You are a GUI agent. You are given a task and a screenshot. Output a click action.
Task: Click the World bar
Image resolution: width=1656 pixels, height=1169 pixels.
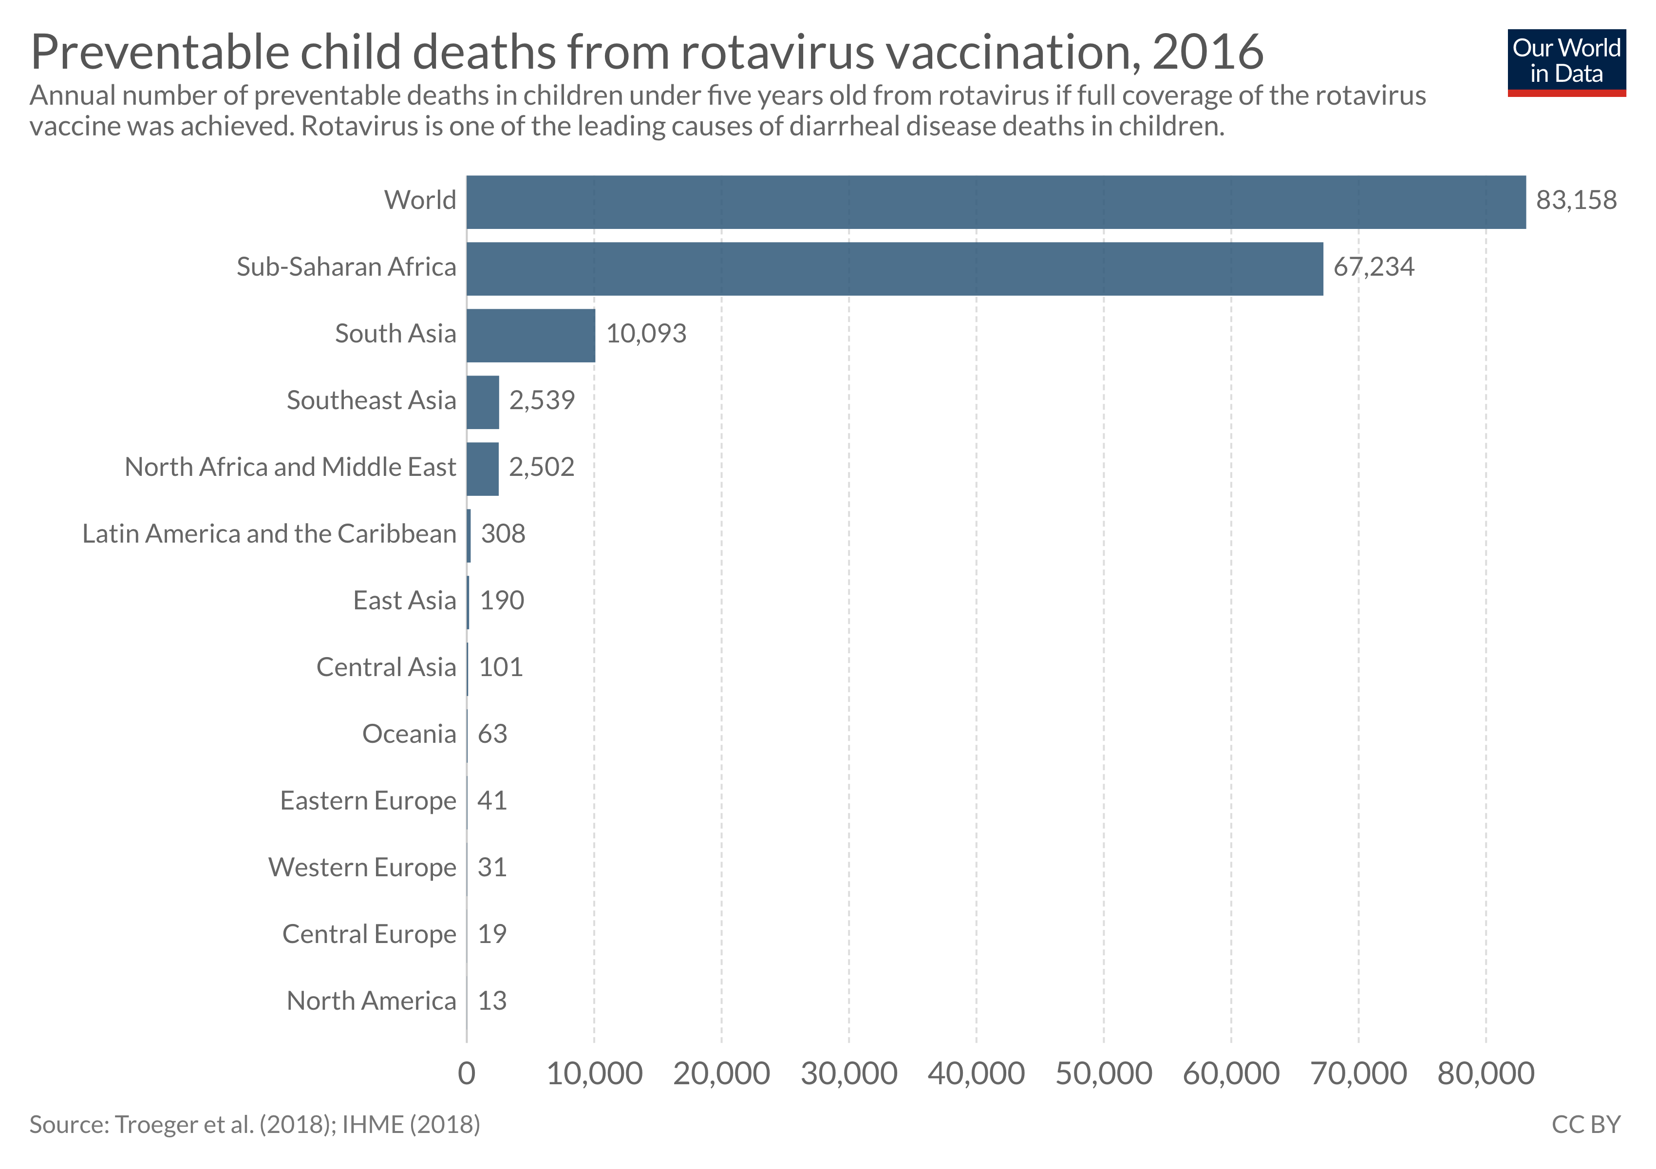[996, 202]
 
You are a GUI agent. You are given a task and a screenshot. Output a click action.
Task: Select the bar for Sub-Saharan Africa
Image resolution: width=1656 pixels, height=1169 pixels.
[894, 269]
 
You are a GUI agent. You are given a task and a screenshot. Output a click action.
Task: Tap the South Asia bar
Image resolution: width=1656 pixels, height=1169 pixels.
[531, 335]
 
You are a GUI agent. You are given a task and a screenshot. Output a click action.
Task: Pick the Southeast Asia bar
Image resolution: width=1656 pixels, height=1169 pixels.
[483, 402]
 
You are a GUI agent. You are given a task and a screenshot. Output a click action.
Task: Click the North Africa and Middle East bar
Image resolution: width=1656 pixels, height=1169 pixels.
[483, 469]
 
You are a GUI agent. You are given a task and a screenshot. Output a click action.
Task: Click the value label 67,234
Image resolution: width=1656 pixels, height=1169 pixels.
[1374, 267]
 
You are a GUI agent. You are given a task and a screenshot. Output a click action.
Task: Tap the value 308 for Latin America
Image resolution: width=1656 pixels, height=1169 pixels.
[503, 534]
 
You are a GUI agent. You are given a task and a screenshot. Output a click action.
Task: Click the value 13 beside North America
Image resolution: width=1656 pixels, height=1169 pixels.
[492, 1001]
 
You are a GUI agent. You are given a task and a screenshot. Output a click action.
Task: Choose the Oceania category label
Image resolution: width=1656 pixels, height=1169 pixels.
[409, 734]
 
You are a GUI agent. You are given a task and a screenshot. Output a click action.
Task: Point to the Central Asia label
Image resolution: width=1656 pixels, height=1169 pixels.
[386, 668]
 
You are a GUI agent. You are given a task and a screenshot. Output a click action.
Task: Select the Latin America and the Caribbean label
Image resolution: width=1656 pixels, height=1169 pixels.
[269, 534]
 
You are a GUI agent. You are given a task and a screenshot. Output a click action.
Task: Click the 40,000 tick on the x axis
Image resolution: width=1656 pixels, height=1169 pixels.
[976, 1074]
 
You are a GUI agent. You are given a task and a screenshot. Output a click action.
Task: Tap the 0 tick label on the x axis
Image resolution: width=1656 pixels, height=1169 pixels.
[467, 1074]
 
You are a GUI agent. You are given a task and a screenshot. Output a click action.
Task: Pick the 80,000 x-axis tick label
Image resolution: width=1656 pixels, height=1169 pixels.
[1486, 1074]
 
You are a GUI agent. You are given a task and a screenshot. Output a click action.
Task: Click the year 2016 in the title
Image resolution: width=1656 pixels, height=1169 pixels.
[1207, 52]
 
